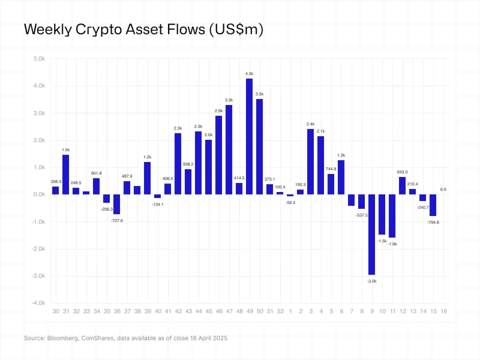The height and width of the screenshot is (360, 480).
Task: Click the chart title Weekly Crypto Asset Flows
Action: click(143, 29)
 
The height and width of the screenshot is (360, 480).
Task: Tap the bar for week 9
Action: click(371, 234)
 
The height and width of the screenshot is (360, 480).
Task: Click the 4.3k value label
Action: click(249, 73)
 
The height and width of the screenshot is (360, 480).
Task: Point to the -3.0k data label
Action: click(371, 280)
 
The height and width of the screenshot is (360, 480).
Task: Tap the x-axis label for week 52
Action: click(280, 311)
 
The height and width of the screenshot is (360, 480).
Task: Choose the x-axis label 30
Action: click(56, 311)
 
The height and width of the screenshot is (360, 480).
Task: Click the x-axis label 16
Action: click(443, 311)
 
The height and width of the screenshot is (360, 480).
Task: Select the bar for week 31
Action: click(66, 175)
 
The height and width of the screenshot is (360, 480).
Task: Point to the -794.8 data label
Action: click(433, 222)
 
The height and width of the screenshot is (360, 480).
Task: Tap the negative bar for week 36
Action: click(117, 204)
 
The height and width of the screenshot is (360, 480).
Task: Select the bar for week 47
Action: click(229, 149)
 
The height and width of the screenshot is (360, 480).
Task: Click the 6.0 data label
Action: click(443, 190)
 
